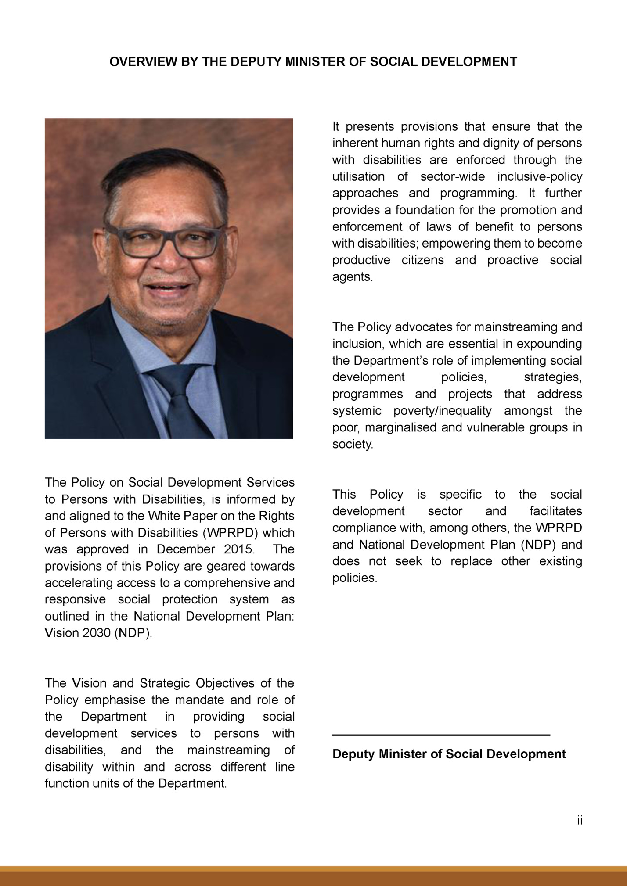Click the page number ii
[580, 820]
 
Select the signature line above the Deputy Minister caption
[441, 734]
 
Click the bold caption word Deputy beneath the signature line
[353, 754]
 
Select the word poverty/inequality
[442, 411]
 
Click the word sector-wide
[452, 177]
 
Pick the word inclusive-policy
[540, 177]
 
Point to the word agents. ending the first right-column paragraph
[352, 277]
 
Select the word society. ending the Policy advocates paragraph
[352, 445]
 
